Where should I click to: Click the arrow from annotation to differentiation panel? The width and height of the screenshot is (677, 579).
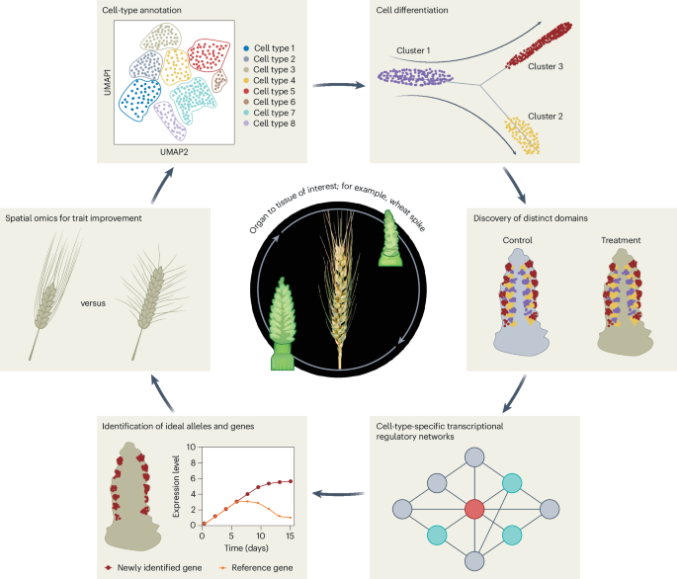tap(338, 85)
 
